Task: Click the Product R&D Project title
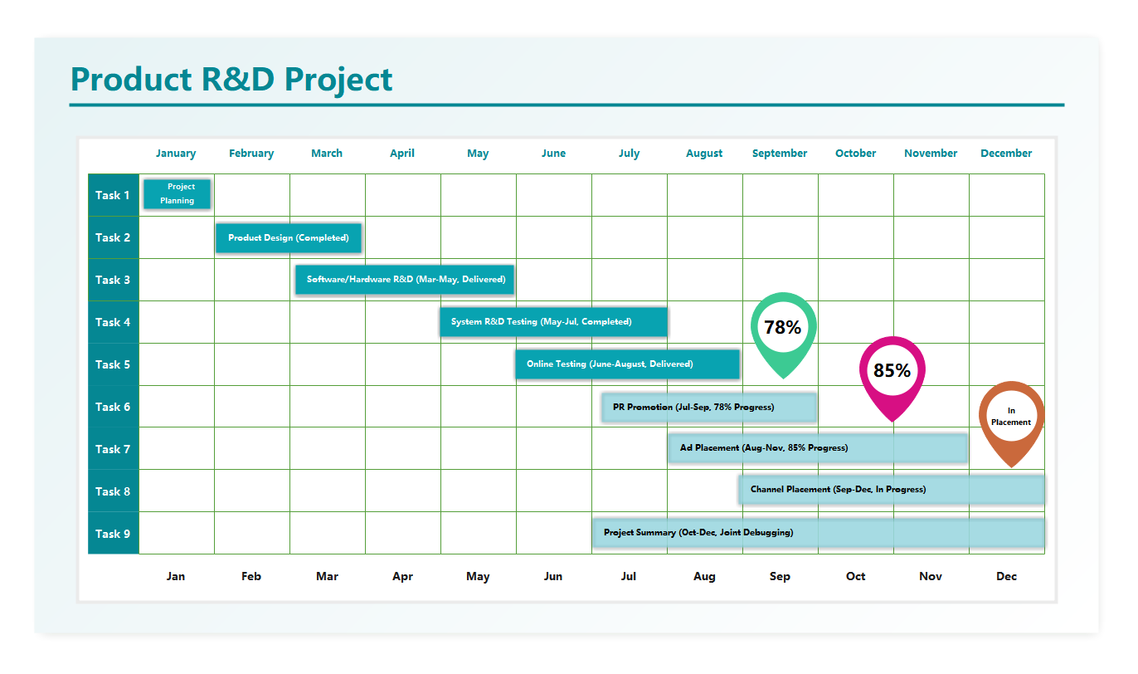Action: (231, 80)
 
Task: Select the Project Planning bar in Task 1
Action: (177, 193)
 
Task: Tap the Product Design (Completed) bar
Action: (288, 237)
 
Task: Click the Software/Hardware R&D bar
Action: (405, 280)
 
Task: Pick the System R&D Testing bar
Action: (553, 322)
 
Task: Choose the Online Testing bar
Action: (626, 364)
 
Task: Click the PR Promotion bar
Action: (709, 407)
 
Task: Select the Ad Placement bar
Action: (818, 448)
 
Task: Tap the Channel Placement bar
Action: (892, 490)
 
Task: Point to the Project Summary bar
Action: (818, 533)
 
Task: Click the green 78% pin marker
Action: (783, 327)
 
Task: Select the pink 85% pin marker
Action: (892, 371)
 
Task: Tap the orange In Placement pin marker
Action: (1011, 416)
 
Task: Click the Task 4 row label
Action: (113, 322)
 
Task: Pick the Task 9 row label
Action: (113, 534)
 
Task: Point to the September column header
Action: (780, 154)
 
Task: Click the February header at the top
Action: (251, 154)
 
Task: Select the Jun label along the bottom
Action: (553, 576)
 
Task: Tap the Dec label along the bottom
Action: (1006, 576)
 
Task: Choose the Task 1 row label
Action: (113, 195)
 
